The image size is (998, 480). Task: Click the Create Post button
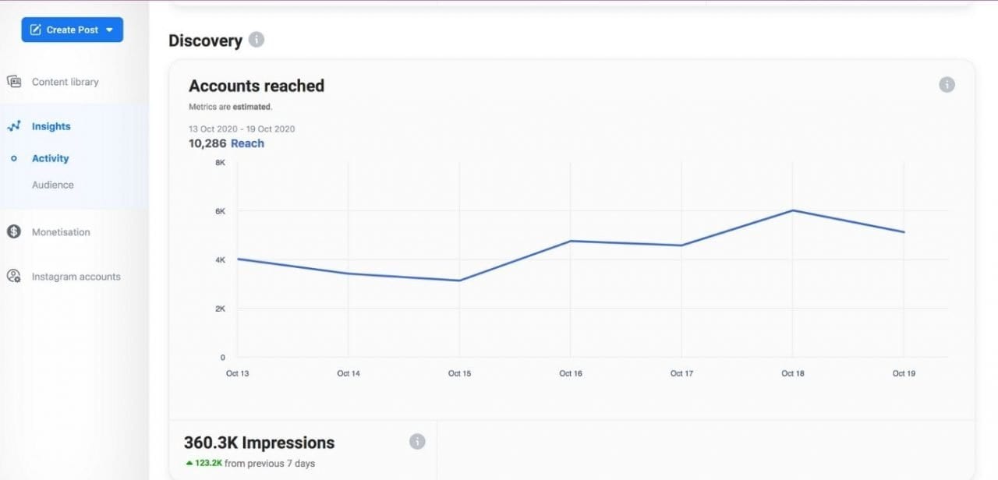pos(72,30)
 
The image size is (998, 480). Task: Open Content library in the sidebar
pos(65,82)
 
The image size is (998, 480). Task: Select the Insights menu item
pos(51,126)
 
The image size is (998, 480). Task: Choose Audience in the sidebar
pos(52,185)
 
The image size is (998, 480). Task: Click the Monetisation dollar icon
pos(13,231)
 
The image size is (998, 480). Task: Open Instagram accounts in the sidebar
pos(76,277)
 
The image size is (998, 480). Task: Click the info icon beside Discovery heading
pos(257,40)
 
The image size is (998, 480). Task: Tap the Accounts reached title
pos(257,86)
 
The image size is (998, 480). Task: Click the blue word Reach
pos(247,143)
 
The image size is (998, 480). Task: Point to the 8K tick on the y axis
pos(220,162)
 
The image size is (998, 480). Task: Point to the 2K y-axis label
pos(220,309)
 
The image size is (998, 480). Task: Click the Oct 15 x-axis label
pos(459,373)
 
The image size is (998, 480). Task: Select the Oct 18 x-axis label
pos(792,373)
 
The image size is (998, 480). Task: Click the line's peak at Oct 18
pos(793,210)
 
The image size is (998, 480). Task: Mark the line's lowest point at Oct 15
pos(459,281)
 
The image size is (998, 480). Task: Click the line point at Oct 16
pos(571,241)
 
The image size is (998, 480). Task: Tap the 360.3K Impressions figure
pos(259,443)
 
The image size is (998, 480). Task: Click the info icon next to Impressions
pos(417,442)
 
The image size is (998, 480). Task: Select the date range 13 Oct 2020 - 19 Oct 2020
pos(242,129)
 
